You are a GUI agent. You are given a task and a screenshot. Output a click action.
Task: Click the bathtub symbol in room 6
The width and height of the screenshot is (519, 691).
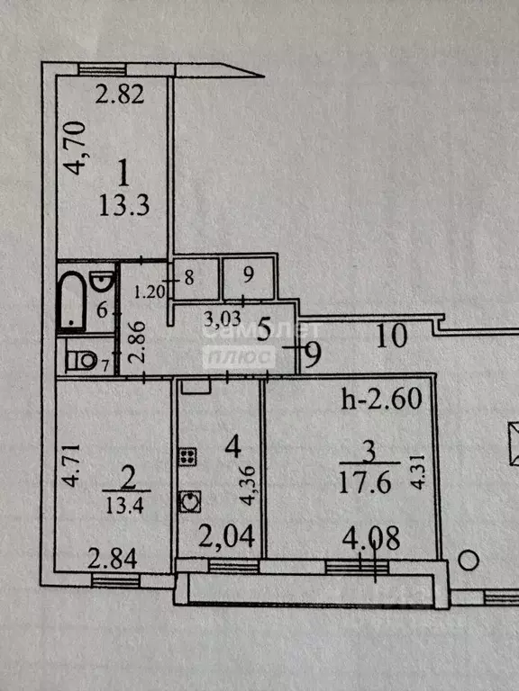click(x=70, y=301)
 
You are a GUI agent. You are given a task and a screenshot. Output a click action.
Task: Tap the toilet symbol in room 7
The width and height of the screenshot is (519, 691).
click(x=81, y=361)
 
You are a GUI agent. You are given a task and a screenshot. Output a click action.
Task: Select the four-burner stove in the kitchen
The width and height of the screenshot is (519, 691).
click(x=187, y=456)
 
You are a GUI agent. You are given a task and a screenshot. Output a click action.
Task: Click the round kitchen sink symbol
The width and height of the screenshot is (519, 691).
click(x=190, y=501)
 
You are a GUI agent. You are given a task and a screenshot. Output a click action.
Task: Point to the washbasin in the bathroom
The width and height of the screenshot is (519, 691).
click(x=103, y=281)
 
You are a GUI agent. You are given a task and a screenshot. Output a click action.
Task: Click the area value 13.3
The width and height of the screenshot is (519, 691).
click(x=124, y=206)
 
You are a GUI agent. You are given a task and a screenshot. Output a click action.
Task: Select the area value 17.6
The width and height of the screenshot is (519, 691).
click(x=365, y=482)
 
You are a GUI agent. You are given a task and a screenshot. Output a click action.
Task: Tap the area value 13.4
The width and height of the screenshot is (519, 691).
click(x=125, y=505)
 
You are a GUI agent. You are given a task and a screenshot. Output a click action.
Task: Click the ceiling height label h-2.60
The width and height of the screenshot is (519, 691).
click(x=382, y=399)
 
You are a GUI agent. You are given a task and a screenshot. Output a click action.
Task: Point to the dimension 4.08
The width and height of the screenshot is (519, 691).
click(x=371, y=538)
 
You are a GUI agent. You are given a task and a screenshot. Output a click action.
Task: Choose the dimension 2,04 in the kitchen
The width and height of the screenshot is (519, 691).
click(x=226, y=536)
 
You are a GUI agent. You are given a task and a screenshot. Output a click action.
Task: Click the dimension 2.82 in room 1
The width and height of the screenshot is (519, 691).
click(x=120, y=94)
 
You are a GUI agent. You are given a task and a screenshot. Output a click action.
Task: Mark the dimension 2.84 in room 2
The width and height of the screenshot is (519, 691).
click(x=112, y=559)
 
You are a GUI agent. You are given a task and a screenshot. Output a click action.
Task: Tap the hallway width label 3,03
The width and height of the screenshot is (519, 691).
click(x=223, y=319)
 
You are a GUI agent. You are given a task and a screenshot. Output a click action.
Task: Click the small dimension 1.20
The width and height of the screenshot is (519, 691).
click(x=150, y=292)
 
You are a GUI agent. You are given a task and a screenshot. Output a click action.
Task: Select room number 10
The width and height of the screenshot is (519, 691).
click(x=391, y=336)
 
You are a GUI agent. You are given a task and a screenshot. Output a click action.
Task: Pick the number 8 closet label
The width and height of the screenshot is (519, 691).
click(x=189, y=278)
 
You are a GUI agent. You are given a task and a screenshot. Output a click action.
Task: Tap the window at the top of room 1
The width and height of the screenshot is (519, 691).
click(x=102, y=69)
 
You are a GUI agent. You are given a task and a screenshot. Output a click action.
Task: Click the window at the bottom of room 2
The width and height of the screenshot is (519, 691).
click(x=115, y=581)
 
